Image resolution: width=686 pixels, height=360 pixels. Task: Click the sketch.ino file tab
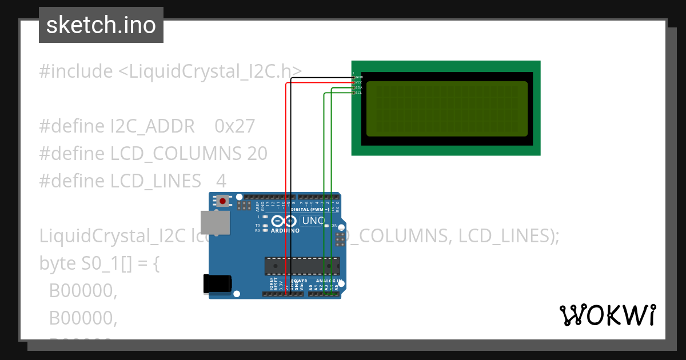coord(101,25)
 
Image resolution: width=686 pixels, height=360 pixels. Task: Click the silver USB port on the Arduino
coord(216,222)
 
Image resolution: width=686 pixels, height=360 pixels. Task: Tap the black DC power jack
coord(218,284)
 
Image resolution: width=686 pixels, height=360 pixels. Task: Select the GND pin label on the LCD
coord(359,77)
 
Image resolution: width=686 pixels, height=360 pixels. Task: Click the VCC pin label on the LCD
coord(359,82)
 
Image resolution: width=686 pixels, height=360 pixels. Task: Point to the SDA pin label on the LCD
coord(359,87)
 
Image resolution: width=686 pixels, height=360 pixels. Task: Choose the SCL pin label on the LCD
coord(359,93)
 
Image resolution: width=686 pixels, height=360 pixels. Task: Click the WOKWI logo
coord(607,315)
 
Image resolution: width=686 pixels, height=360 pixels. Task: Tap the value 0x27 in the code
coord(234,126)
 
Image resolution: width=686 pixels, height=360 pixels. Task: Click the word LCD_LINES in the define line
coord(155,181)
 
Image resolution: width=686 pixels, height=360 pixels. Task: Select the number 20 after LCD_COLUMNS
coord(257,154)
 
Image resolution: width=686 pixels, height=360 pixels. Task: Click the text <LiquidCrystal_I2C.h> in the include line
coord(210,71)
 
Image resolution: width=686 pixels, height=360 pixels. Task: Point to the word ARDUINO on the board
coord(285,231)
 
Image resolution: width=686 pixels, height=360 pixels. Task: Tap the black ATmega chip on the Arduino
coord(301,266)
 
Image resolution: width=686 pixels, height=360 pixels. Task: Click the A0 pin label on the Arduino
coord(311,287)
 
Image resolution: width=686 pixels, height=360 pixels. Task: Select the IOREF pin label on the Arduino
coord(271,286)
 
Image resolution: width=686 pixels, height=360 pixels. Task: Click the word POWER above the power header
coord(299,281)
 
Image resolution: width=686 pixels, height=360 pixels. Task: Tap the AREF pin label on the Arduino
coord(257,206)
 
